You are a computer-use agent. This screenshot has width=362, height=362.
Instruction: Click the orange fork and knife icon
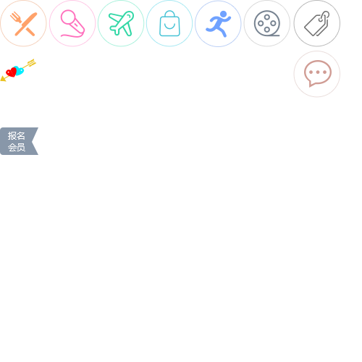click(23, 24)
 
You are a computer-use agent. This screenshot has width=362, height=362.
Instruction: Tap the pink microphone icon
click(72, 24)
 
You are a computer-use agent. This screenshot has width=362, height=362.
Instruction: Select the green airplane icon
click(121, 23)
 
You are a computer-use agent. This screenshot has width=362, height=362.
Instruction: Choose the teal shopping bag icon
click(169, 23)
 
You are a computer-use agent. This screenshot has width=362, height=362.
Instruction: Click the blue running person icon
click(218, 24)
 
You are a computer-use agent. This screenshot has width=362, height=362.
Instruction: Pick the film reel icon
click(267, 23)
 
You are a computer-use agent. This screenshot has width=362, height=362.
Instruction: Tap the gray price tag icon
click(317, 24)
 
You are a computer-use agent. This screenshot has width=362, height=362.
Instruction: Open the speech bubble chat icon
click(318, 73)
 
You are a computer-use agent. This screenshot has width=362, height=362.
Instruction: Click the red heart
click(11, 72)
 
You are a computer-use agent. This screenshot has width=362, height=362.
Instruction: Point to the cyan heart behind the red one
click(20, 70)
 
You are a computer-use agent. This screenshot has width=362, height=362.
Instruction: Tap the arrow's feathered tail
click(32, 62)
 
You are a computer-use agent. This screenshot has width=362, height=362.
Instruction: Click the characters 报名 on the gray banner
click(17, 136)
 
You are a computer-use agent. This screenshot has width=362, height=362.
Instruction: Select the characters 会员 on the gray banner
click(17, 147)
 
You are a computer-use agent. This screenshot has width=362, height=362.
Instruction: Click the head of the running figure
click(224, 14)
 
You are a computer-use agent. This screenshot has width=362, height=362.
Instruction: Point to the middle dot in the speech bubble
click(318, 72)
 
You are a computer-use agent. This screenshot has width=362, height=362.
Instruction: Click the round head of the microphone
click(68, 17)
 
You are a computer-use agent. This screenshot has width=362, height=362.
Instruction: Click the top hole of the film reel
click(267, 17)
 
